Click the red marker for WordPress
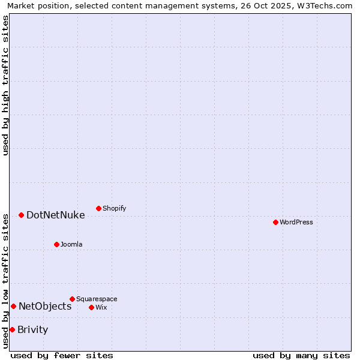275,222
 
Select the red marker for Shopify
98,208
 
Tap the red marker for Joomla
56,244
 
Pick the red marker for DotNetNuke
21,215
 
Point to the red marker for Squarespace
72,299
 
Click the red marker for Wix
91,307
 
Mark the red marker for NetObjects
13,306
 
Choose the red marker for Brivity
12,329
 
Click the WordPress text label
296,222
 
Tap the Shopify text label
114,208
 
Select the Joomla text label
71,244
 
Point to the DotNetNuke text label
55,215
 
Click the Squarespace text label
97,299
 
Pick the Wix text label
101,307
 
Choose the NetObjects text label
45,306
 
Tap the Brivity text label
32,329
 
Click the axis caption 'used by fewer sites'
62,355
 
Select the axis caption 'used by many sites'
301,355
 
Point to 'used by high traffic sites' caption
5,85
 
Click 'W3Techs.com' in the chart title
325,5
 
